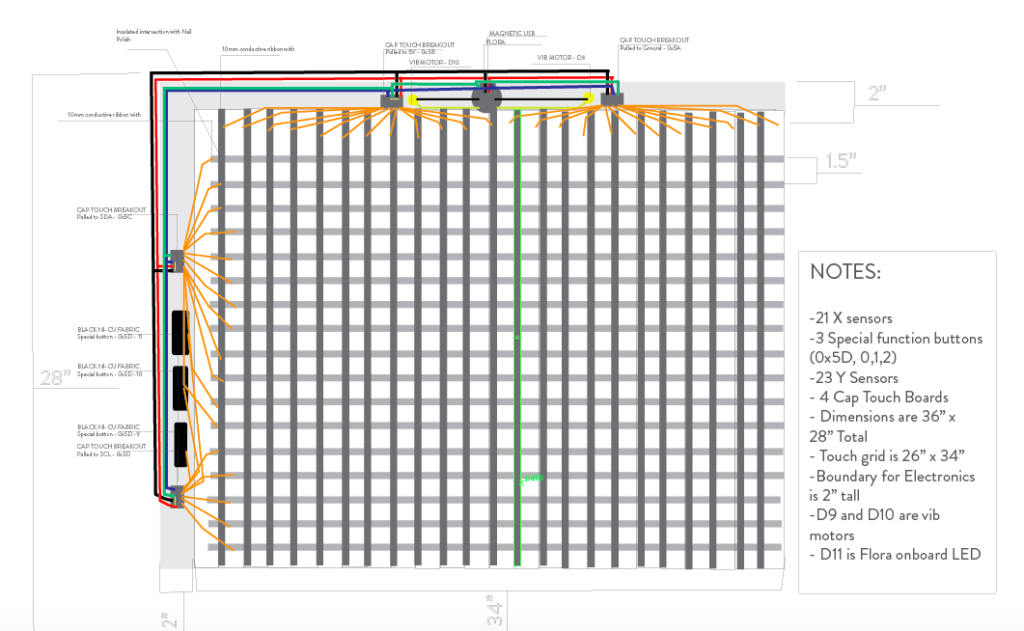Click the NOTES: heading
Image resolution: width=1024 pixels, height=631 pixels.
point(845,272)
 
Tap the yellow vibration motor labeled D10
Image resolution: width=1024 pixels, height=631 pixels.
point(413,99)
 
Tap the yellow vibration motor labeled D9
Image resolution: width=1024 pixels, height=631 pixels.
point(589,98)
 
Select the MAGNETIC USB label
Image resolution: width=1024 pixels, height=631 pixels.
point(512,33)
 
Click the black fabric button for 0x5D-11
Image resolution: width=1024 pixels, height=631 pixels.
point(180,333)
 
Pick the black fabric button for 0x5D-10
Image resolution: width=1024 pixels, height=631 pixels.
point(180,388)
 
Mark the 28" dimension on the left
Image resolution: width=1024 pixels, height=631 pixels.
point(55,377)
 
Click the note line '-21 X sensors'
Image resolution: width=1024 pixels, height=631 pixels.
point(850,318)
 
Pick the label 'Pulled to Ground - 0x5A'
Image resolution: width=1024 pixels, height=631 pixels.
point(652,47)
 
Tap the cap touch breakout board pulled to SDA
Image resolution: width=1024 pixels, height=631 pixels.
point(177,259)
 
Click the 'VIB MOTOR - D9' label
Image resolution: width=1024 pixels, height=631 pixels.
point(561,58)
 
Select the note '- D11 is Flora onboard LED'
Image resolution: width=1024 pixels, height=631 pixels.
point(895,554)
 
